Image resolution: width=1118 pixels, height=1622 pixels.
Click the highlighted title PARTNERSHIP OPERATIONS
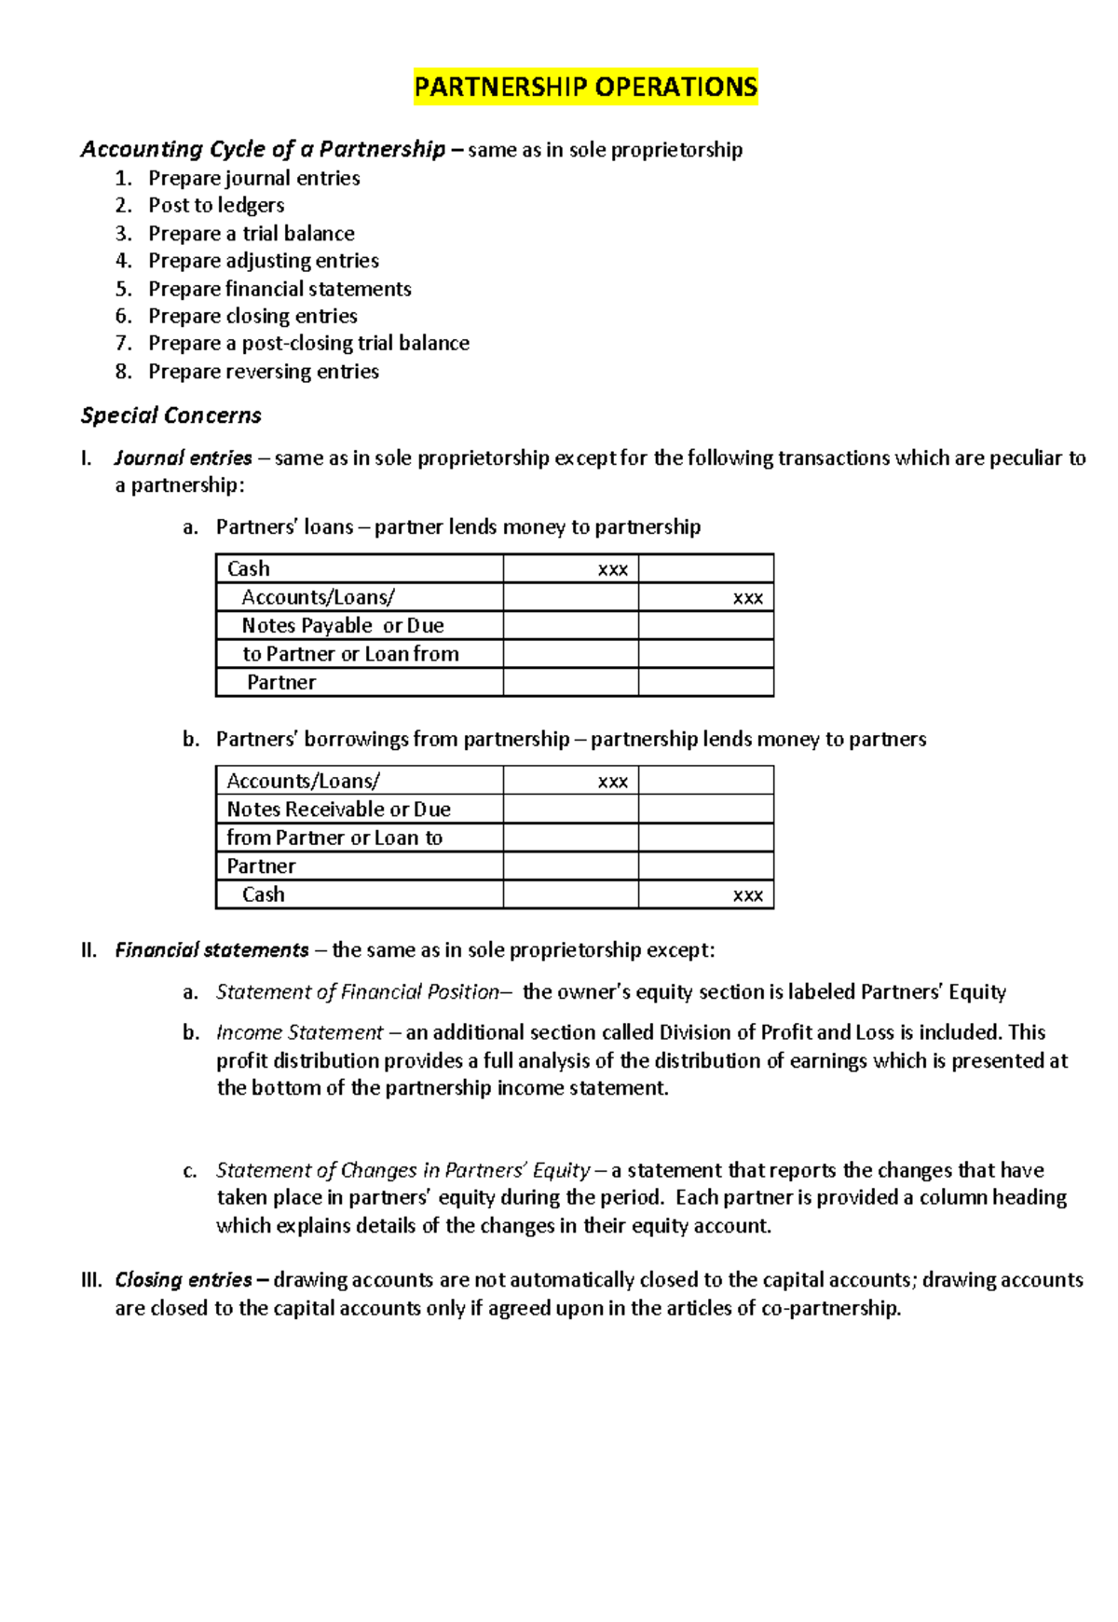pyautogui.click(x=585, y=88)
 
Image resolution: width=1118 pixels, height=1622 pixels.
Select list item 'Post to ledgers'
pyautogui.click(x=216, y=205)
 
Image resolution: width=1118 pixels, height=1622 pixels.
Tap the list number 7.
pyautogui.click(x=123, y=343)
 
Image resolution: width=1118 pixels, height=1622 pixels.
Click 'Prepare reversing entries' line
pyautogui.click(x=264, y=372)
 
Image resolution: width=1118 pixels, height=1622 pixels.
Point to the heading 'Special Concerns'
pyautogui.click(x=170, y=416)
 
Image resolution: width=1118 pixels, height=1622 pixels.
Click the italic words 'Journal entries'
pyautogui.click(x=184, y=458)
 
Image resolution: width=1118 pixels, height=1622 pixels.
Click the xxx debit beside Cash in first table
pyautogui.click(x=612, y=569)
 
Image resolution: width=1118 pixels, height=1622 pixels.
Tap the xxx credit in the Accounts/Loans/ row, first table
pyautogui.click(x=747, y=598)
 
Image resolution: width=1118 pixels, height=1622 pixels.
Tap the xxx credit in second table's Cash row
pyautogui.click(x=747, y=895)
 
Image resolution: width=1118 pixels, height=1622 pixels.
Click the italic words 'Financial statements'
pyautogui.click(x=211, y=950)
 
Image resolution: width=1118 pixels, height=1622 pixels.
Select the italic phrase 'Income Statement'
pyautogui.click(x=299, y=1033)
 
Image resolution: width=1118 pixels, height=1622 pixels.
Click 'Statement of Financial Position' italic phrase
pyautogui.click(x=358, y=992)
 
